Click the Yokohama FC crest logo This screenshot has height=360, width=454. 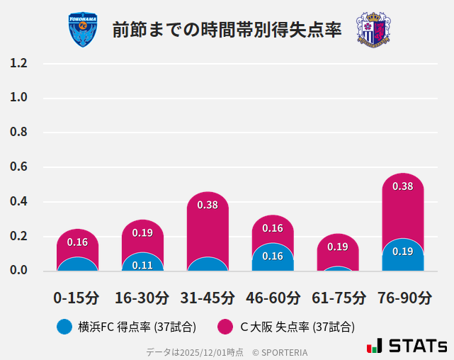pyautogui.click(x=83, y=29)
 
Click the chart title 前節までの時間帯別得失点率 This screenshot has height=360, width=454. pyautogui.click(x=227, y=30)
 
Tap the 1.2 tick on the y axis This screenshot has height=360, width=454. pyautogui.click(x=18, y=63)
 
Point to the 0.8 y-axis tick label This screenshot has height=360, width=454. pyautogui.click(x=18, y=133)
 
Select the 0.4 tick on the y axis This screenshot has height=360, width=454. pyautogui.click(x=18, y=202)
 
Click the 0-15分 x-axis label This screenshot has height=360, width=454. pyautogui.click(x=76, y=298)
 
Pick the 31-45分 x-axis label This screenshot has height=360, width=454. pyautogui.click(x=208, y=298)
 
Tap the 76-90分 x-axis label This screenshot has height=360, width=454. pyautogui.click(x=404, y=298)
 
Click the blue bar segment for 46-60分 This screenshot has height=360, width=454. pyautogui.click(x=273, y=258)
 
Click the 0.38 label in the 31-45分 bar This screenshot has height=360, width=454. pyautogui.click(x=208, y=205)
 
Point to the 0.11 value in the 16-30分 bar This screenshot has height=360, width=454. pyautogui.click(x=142, y=266)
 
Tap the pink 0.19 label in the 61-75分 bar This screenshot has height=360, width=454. pyautogui.click(x=338, y=247)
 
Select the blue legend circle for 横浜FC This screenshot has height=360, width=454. pyautogui.click(x=64, y=327)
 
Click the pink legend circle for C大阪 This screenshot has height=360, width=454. pyautogui.click(x=225, y=327)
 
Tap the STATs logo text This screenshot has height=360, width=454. pyautogui.click(x=407, y=347)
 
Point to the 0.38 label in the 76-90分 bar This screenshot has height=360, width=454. pyautogui.click(x=402, y=186)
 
